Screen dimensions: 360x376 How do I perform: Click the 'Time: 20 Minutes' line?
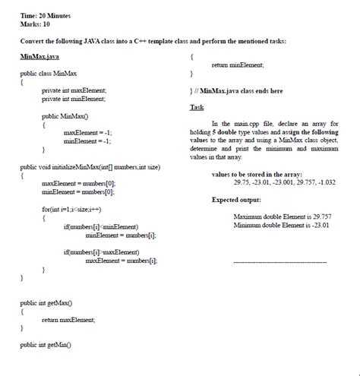(45, 15)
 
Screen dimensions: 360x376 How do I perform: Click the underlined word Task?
(197, 107)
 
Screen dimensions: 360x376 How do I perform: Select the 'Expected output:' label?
(235, 200)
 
